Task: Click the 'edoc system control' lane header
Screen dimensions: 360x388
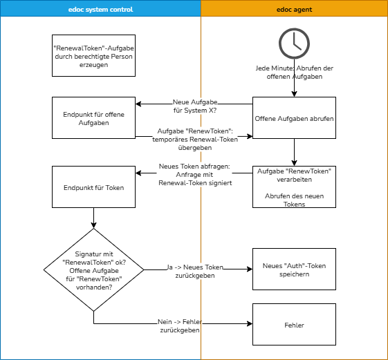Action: tap(100, 8)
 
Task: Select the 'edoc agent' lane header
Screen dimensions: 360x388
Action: tap(294, 8)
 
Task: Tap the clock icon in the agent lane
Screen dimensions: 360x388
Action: tap(294, 44)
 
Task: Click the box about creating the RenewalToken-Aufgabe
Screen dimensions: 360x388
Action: tap(94, 55)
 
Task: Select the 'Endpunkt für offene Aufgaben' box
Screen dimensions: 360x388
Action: tap(94, 118)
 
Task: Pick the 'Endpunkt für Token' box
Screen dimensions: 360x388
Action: tap(94, 187)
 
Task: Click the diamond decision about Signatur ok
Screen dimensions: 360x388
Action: tap(94, 269)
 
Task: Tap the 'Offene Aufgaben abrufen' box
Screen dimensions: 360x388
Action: tap(294, 118)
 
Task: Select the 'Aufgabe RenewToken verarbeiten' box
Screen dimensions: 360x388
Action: tap(294, 187)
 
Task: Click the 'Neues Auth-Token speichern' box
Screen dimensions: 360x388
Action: tap(294, 269)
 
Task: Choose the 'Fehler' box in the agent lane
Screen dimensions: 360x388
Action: tap(294, 325)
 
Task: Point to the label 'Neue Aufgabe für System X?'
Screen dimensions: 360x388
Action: tap(195, 106)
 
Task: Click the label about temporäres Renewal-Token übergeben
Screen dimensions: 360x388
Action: tap(195, 139)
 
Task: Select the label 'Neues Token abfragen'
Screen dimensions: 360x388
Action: tap(195, 175)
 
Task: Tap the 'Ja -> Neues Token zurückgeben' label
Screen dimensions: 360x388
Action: tap(195, 271)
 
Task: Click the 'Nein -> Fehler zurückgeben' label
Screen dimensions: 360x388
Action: tap(180, 326)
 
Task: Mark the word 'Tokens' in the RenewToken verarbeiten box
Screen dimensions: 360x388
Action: tap(294, 205)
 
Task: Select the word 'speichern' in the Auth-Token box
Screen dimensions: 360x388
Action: tap(294, 274)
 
